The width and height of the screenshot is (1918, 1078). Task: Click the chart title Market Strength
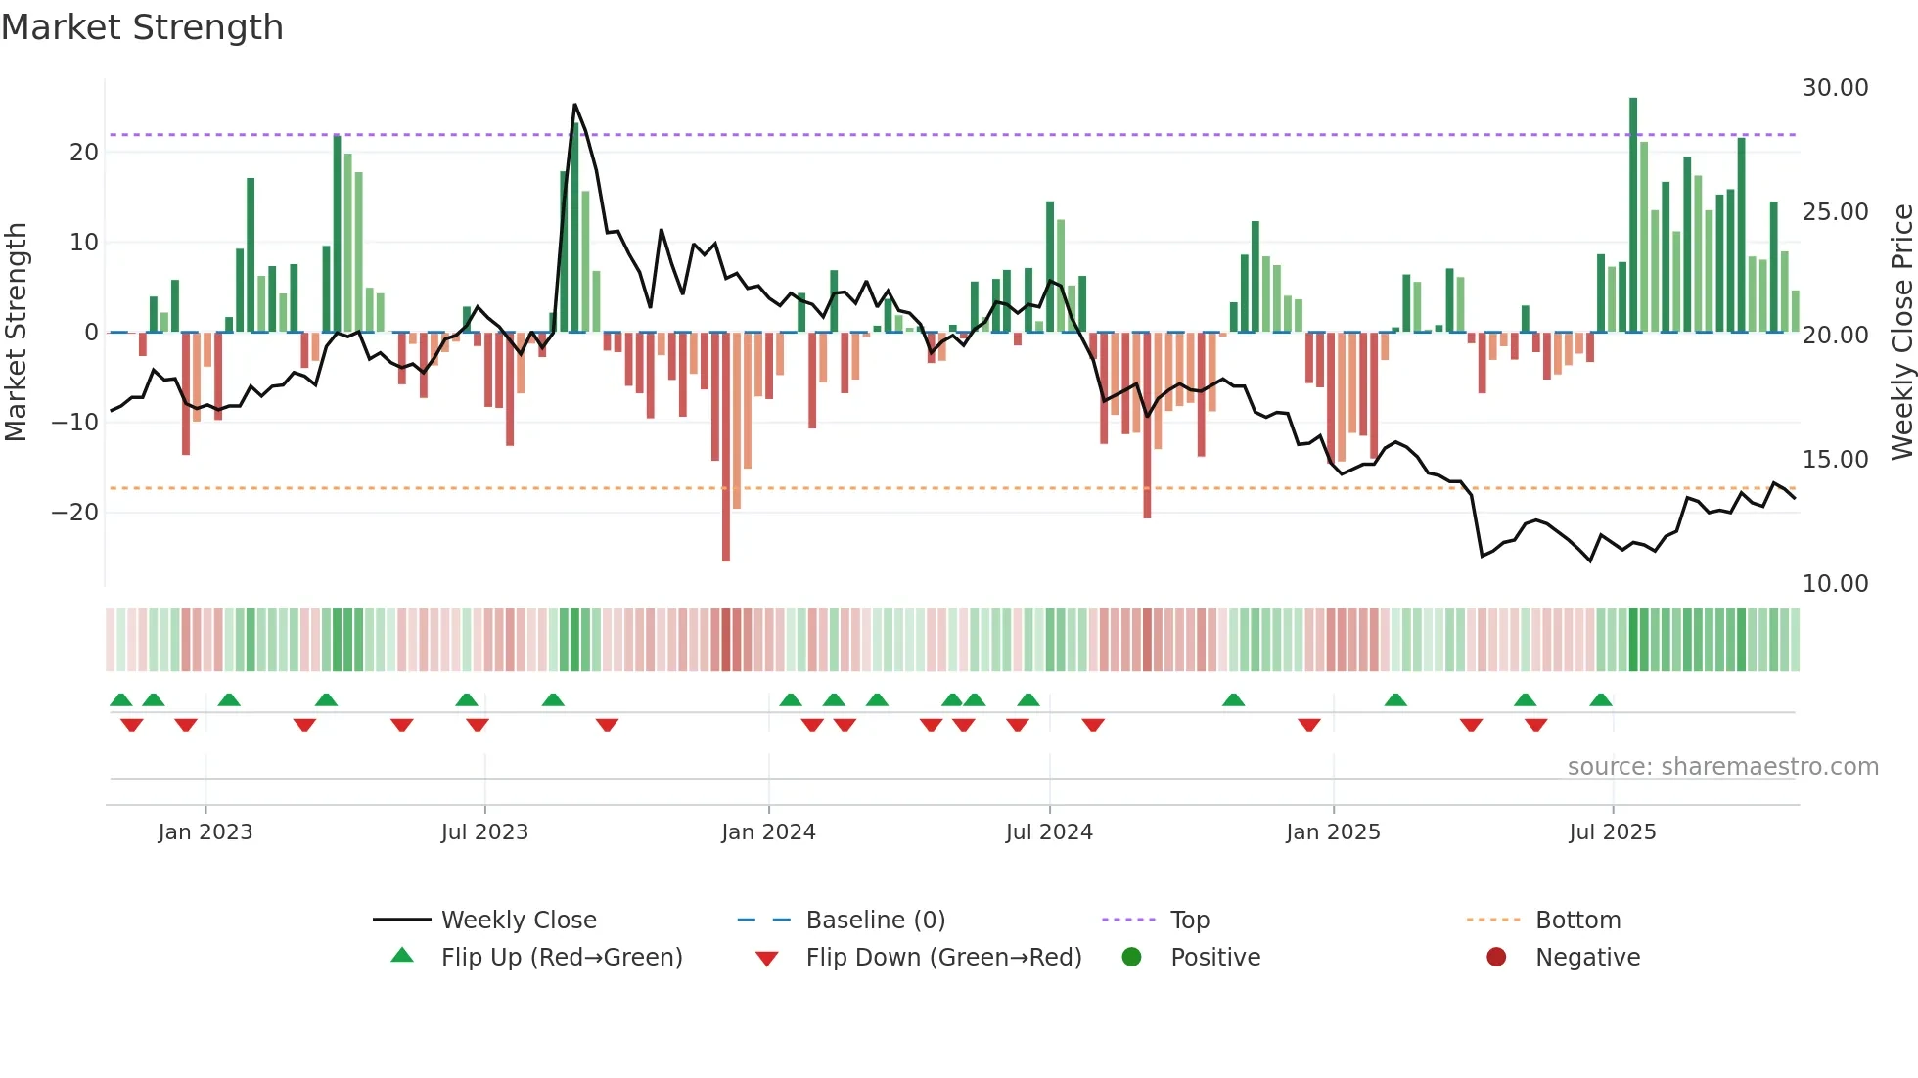click(142, 27)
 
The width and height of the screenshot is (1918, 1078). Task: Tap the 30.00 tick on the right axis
click(1835, 88)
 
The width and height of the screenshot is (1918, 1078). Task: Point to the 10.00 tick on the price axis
click(1835, 584)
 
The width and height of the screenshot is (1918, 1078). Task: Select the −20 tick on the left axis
click(74, 513)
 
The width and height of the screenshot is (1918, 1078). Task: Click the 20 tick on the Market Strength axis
click(84, 153)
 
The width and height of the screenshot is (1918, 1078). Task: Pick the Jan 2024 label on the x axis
click(768, 832)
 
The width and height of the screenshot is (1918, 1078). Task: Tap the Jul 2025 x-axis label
click(1612, 832)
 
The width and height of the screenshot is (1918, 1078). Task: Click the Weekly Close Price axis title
click(1901, 333)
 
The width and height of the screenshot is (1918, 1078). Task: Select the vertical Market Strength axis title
click(16, 333)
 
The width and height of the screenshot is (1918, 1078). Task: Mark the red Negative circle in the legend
click(1496, 958)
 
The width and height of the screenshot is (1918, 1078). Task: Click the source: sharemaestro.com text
click(1722, 767)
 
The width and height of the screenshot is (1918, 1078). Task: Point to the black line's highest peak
click(574, 106)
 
